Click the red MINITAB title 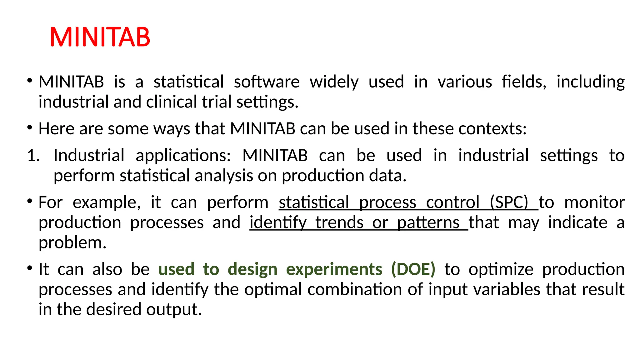[100, 37]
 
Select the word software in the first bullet [267, 82]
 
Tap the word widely [334, 82]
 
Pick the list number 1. [33, 156]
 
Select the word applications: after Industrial [183, 156]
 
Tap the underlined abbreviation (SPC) [509, 202]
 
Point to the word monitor [594, 202]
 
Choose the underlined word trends [339, 222]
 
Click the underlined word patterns [428, 222]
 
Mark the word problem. [72, 242]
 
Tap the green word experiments [334, 269]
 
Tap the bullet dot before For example [30, 201]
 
